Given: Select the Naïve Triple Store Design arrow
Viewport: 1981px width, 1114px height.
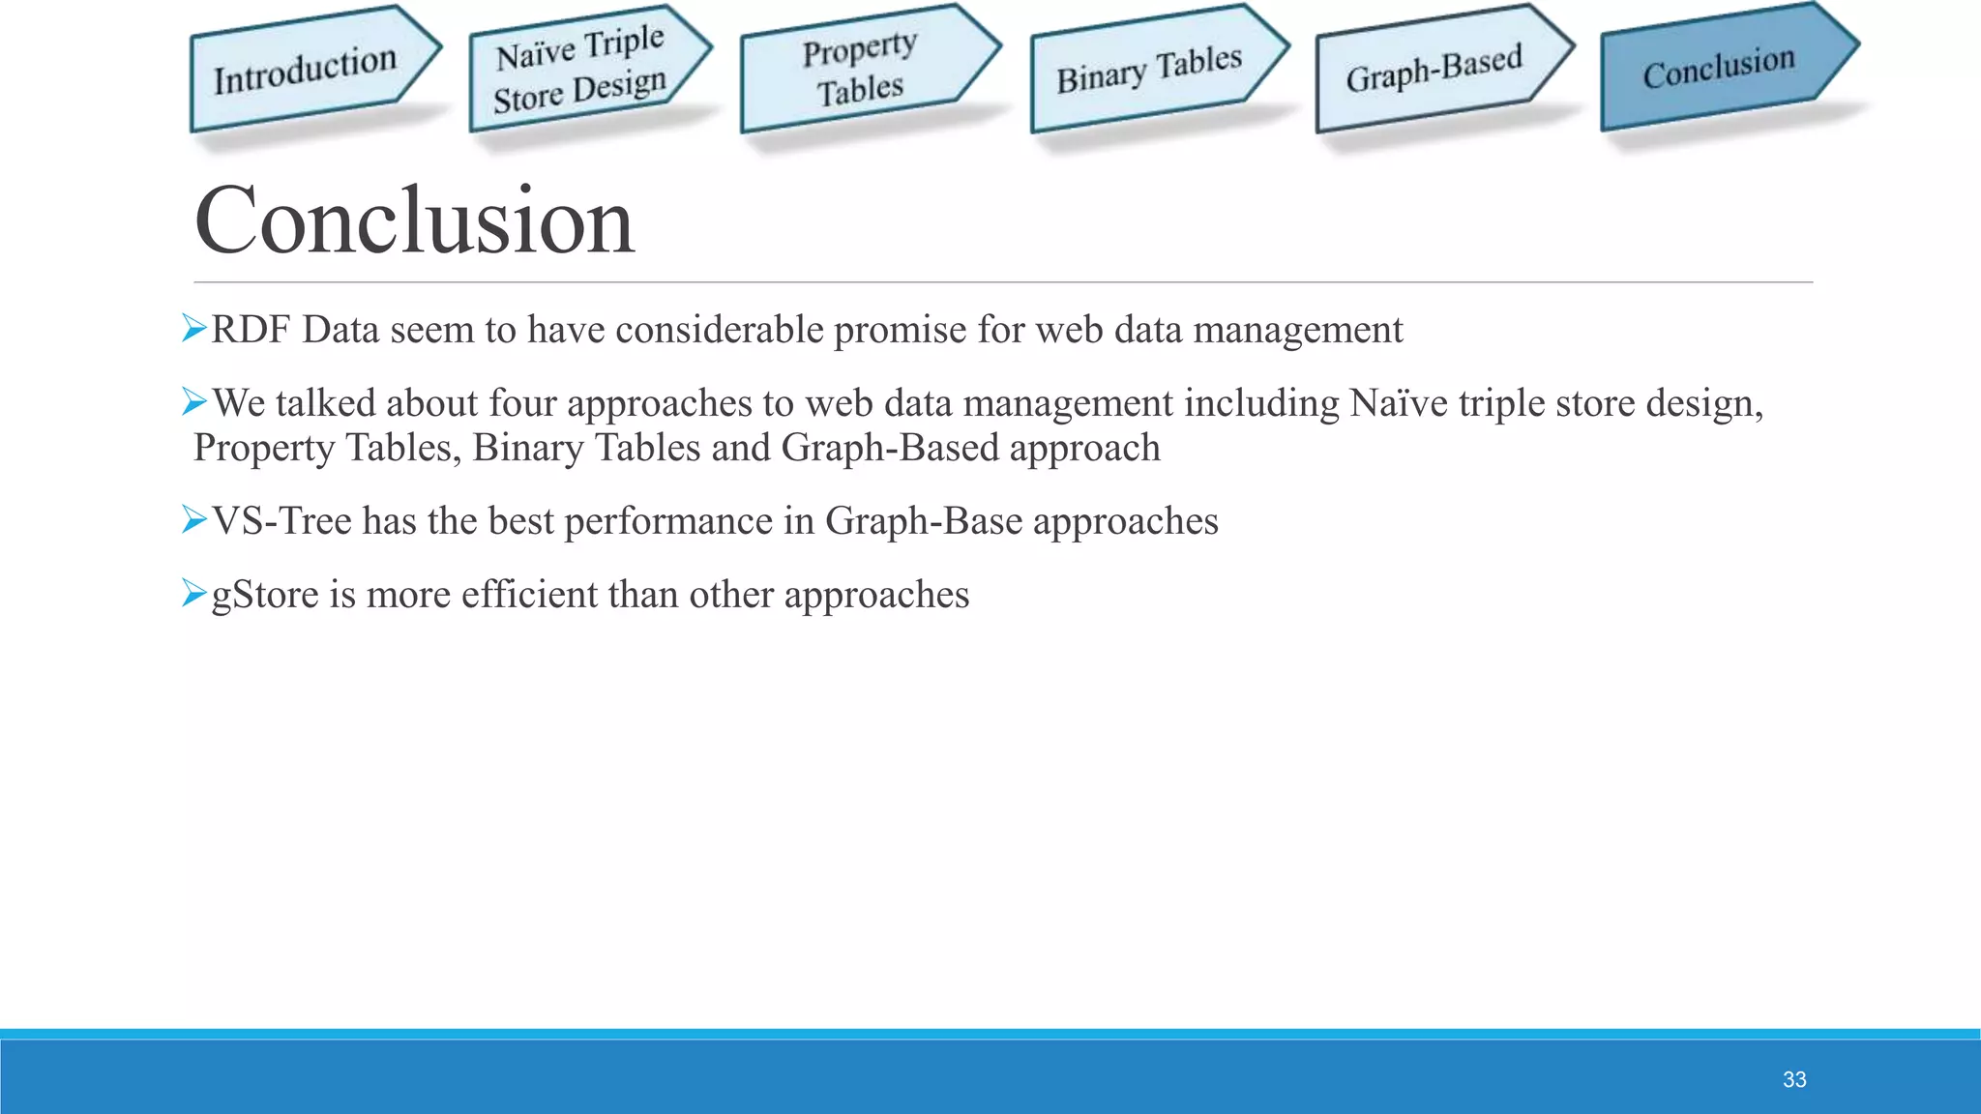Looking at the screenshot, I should tap(580, 70).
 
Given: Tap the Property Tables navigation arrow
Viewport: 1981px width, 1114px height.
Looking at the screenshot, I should tap(859, 70).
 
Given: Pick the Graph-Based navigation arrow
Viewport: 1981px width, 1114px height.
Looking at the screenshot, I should tap(1434, 68).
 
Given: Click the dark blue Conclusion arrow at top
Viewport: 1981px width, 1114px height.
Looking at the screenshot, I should tap(1719, 68).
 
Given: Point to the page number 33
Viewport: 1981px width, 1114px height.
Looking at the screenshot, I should tap(1794, 1079).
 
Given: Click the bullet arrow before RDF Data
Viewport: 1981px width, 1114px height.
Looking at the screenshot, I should tap(194, 329).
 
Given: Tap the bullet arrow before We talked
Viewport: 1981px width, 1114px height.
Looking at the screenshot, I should tap(194, 401).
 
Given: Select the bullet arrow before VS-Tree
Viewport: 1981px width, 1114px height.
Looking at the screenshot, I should tap(194, 520).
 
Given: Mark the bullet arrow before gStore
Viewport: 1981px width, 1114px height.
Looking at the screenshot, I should tap(194, 593).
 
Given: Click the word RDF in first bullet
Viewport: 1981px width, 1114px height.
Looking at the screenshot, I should tap(251, 330).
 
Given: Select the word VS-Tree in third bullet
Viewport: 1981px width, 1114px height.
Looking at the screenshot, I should tap(281, 521).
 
